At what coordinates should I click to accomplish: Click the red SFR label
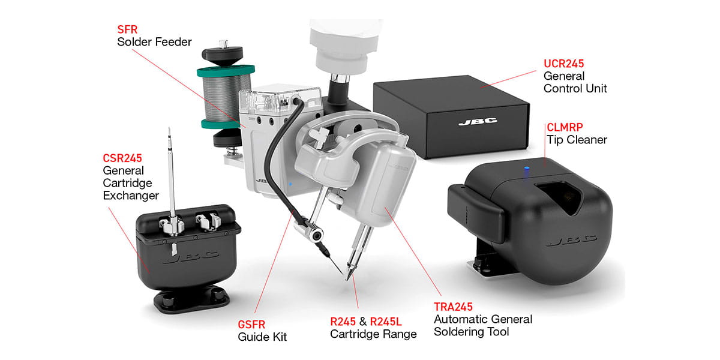(127, 29)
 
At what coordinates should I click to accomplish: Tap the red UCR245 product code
(563, 64)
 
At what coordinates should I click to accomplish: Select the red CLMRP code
(565, 127)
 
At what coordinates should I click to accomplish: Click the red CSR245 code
(122, 158)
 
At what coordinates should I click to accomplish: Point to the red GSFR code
(251, 325)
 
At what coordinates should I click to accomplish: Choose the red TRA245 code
(453, 307)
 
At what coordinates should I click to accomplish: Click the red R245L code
(386, 322)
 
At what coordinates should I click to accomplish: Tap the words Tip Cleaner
(577, 140)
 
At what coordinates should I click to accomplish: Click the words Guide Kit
(262, 337)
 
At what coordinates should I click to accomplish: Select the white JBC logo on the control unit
(478, 121)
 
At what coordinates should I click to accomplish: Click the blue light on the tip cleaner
(527, 168)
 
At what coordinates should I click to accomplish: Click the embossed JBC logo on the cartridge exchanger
(191, 257)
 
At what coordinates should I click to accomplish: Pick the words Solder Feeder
(154, 42)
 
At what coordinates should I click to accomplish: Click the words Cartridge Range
(373, 334)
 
